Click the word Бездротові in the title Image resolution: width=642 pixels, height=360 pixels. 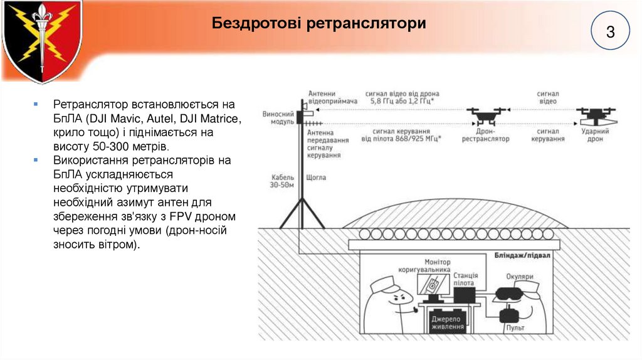click(x=256, y=24)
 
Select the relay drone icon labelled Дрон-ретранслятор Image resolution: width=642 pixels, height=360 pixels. click(x=486, y=116)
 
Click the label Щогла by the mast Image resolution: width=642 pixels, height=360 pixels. click(x=315, y=177)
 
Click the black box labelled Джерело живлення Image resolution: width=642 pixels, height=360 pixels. click(x=448, y=322)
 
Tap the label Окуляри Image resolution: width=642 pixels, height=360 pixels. click(x=520, y=276)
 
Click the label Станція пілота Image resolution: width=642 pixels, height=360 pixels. click(x=465, y=279)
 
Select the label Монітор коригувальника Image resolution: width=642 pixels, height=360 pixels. click(x=429, y=265)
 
